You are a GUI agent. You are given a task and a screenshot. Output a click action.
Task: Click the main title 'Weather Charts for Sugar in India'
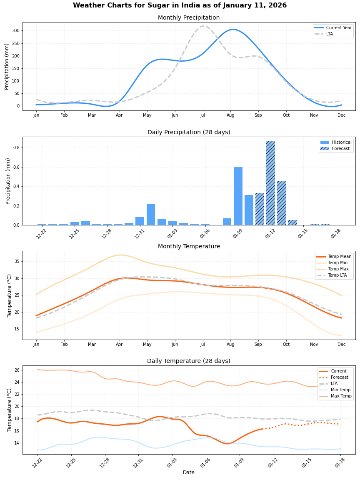coord(180,5)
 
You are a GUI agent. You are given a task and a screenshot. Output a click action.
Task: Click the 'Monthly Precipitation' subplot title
coord(188,18)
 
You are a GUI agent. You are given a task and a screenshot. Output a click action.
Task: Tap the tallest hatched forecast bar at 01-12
coord(270,183)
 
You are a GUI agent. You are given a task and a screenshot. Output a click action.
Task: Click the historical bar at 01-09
coord(238,196)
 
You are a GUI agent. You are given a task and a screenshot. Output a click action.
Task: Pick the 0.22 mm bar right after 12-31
coord(151,214)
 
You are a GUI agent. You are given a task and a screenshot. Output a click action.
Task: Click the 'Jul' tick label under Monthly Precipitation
coord(203,115)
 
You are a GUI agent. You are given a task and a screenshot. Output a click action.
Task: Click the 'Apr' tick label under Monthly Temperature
coord(120,344)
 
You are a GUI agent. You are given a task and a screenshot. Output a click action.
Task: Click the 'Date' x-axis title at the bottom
coord(188,472)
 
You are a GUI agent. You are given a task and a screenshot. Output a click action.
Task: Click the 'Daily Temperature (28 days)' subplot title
coord(188,361)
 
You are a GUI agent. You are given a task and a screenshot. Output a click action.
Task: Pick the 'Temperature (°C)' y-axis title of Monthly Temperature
coord(9,295)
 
